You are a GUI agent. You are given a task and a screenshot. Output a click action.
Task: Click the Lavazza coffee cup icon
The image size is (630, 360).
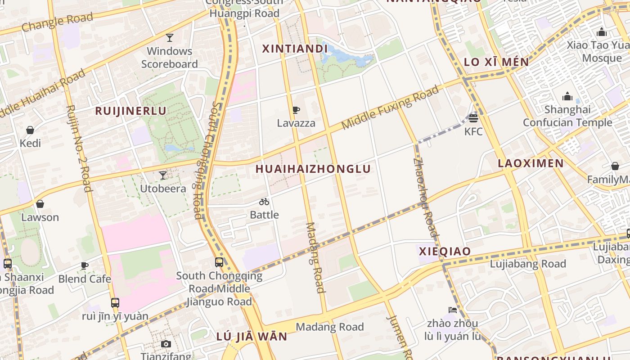296,110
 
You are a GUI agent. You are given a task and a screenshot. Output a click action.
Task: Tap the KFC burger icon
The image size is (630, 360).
473,118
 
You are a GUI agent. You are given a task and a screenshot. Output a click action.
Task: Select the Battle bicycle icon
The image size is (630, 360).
264,202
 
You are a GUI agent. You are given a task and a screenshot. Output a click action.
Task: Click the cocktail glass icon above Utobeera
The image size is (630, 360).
163,175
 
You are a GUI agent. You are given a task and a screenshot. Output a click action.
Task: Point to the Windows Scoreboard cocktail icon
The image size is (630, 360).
170,37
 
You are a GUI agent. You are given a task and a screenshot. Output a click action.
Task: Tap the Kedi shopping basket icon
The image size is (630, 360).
30,130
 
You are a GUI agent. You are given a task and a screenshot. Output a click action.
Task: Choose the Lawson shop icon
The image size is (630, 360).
40,204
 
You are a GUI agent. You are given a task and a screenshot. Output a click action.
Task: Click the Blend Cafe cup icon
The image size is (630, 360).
84,265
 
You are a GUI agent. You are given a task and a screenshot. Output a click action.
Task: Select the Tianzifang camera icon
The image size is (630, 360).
166,344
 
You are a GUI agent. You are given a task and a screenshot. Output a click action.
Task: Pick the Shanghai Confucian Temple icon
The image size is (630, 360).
567,96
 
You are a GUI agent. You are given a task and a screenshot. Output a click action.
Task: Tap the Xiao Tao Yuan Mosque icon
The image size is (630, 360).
602,32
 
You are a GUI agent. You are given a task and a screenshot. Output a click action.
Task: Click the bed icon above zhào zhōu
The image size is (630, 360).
453,310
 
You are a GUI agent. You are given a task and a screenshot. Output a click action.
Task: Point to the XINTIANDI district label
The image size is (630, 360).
295,49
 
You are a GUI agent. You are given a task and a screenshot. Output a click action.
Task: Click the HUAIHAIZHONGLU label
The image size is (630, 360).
313,169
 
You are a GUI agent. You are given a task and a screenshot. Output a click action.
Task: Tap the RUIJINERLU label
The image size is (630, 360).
130,111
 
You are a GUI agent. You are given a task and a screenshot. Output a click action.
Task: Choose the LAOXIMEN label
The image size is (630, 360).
530,163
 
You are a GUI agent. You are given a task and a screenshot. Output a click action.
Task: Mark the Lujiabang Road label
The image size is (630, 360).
528,264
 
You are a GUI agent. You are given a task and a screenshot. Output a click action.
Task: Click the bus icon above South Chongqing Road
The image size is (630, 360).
219,262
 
